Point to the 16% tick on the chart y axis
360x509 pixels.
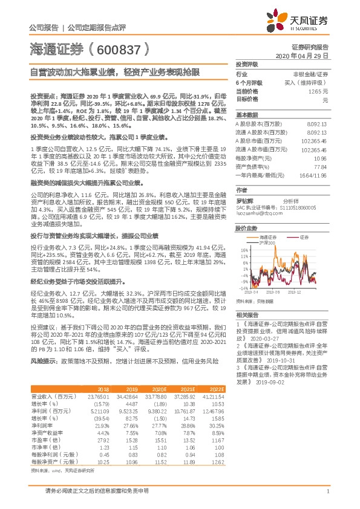click(243, 248)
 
